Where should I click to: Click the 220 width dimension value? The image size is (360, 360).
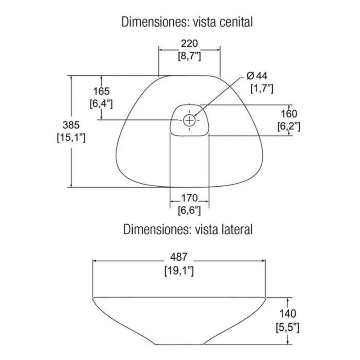189,43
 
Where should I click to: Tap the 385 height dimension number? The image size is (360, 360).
71,125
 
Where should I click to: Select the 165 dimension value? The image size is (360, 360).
101,91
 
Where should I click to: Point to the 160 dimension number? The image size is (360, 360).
289,114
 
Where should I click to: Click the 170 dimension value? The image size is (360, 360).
189,198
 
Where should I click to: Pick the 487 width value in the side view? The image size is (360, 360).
179,257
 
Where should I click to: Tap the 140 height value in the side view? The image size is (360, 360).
288,314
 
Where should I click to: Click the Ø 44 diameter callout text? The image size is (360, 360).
257,76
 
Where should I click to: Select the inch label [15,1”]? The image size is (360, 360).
71,138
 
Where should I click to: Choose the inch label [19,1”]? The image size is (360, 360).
179,271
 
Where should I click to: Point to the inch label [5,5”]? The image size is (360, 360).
288,328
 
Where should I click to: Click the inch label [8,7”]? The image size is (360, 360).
189,56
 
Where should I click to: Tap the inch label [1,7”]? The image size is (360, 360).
262,89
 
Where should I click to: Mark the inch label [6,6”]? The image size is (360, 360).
189,211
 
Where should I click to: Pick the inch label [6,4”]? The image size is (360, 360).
101,104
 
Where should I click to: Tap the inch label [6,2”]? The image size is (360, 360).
289,126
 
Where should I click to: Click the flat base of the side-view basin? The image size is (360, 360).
180,344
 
